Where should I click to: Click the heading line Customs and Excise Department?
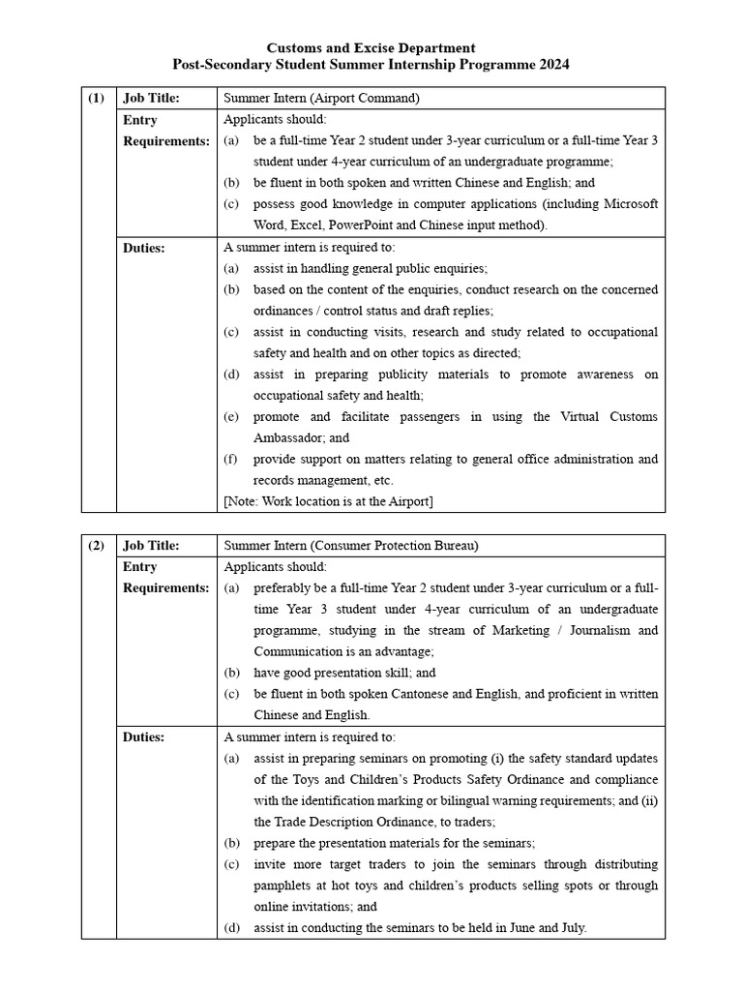(x=371, y=47)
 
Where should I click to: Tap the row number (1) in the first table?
(x=97, y=98)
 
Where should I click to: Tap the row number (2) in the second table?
(x=97, y=545)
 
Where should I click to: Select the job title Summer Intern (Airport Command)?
(x=322, y=98)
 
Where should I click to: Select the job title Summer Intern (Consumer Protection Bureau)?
(x=350, y=545)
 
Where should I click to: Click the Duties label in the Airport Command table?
(x=144, y=247)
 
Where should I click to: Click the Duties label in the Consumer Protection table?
(x=144, y=736)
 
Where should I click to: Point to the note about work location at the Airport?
(x=328, y=500)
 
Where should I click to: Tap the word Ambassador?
(x=286, y=437)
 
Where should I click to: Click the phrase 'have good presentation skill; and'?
(x=344, y=673)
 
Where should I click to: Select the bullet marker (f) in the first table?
(x=231, y=459)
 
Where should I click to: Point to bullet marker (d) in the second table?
(x=232, y=928)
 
